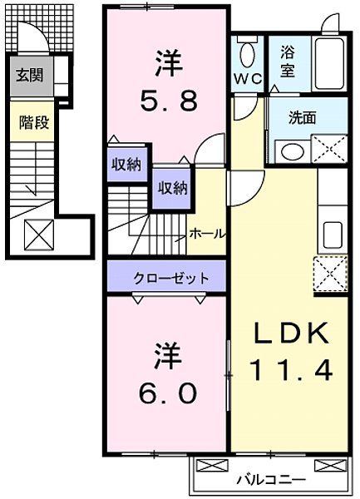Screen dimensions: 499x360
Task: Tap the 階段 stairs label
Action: click(34, 122)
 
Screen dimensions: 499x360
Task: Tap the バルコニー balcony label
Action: click(269, 481)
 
